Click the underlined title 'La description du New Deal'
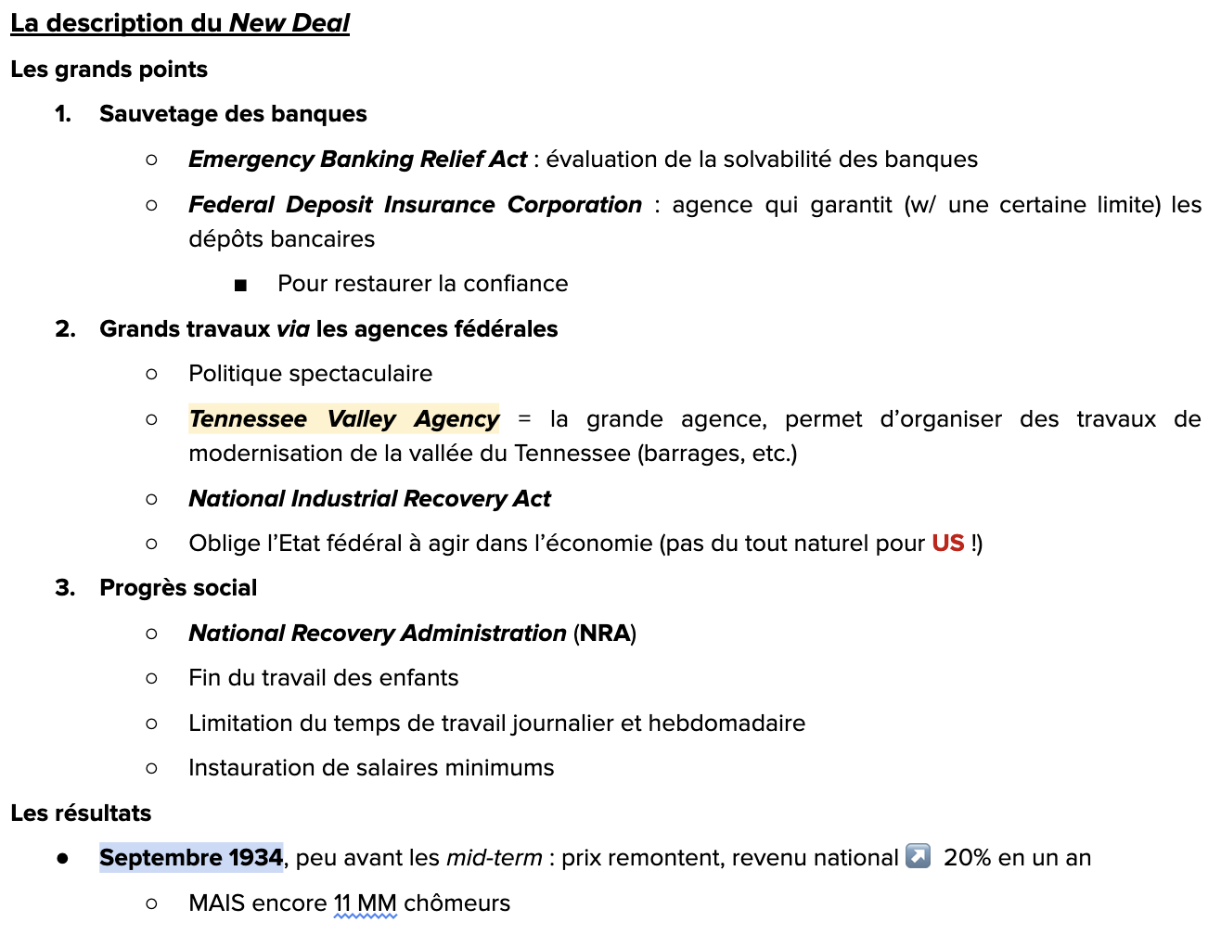point(180,23)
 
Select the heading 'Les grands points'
point(109,70)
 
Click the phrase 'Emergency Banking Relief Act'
point(357,160)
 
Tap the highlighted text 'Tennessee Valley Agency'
point(344,419)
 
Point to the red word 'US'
point(947,544)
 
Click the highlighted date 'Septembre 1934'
point(190,858)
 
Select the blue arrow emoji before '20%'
point(918,856)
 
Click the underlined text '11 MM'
point(365,903)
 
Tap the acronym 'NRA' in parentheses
point(605,634)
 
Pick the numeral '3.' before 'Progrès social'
point(64,588)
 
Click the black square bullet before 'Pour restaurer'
point(241,285)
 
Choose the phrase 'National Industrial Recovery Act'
point(369,499)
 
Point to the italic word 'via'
point(293,329)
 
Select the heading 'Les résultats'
point(81,813)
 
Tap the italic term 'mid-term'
point(494,858)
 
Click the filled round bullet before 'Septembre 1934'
point(62,859)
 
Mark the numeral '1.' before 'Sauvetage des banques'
point(63,114)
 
